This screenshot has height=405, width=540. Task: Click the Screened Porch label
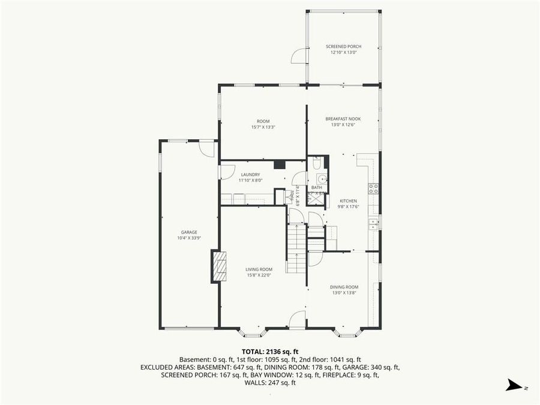click(x=343, y=46)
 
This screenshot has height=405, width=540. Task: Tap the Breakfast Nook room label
click(x=343, y=119)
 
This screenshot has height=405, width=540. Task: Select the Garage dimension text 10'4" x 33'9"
click(x=189, y=238)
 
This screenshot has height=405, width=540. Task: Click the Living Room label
click(x=259, y=269)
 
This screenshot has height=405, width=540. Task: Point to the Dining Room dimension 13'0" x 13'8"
click(x=344, y=293)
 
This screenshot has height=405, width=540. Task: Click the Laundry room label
click(x=250, y=175)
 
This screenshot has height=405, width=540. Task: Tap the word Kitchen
click(x=348, y=201)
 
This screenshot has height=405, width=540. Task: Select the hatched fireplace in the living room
click(x=219, y=266)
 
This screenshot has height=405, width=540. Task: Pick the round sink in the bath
click(x=322, y=178)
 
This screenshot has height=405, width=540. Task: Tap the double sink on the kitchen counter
click(x=373, y=224)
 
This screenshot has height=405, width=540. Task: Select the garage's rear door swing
click(x=207, y=149)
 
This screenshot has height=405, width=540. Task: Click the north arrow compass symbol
click(x=514, y=386)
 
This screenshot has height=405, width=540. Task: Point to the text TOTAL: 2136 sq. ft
click(x=269, y=351)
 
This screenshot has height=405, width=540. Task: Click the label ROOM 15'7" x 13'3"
click(x=263, y=124)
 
